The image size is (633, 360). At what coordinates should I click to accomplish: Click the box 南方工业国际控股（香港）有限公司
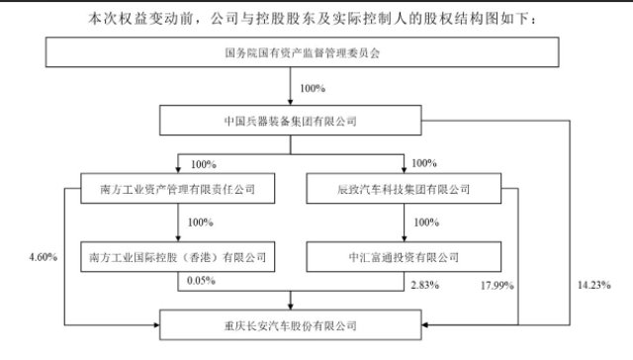(x=178, y=255)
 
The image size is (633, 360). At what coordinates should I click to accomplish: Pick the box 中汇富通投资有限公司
(x=404, y=255)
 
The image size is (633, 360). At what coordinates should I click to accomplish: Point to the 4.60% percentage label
(x=44, y=258)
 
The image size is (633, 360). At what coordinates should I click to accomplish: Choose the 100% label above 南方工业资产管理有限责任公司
(x=200, y=161)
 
